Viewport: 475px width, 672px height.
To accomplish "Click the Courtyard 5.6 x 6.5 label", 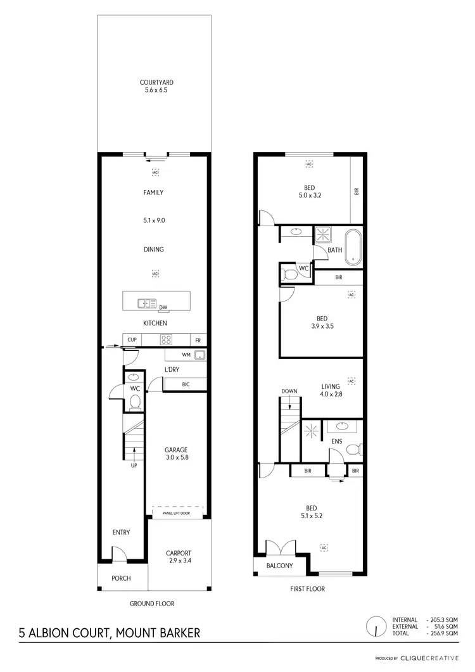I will point(156,86).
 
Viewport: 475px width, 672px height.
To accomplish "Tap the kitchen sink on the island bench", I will point(148,303).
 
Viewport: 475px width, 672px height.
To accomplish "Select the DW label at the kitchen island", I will point(163,308).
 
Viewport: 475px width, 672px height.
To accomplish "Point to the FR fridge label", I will point(198,339).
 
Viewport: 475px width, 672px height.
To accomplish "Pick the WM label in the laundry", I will point(186,355).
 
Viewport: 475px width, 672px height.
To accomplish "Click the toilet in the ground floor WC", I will point(134,402).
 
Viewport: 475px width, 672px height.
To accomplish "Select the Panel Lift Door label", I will point(177,513).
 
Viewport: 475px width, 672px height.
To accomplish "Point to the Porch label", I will point(121,578).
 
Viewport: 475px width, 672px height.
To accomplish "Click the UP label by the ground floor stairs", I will point(134,466).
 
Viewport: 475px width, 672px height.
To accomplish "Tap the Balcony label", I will point(279,565).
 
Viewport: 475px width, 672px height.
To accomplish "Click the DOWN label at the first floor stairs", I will point(289,391).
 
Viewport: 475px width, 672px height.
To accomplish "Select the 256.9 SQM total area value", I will point(443,633).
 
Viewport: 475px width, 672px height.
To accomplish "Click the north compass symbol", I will point(376,626).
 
